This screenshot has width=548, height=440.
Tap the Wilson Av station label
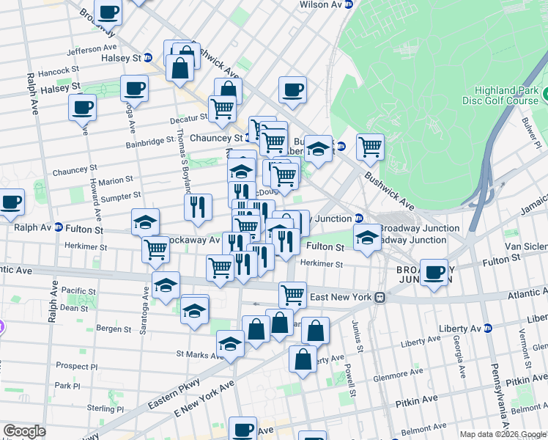coord(322,4)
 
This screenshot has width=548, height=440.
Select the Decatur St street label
coord(189,118)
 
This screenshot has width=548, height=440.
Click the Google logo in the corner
coord(24,431)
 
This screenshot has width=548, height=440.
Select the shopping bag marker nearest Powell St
coord(315,331)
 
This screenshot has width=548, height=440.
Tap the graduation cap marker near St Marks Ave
coord(230,344)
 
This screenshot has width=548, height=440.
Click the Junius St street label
coord(360,329)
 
